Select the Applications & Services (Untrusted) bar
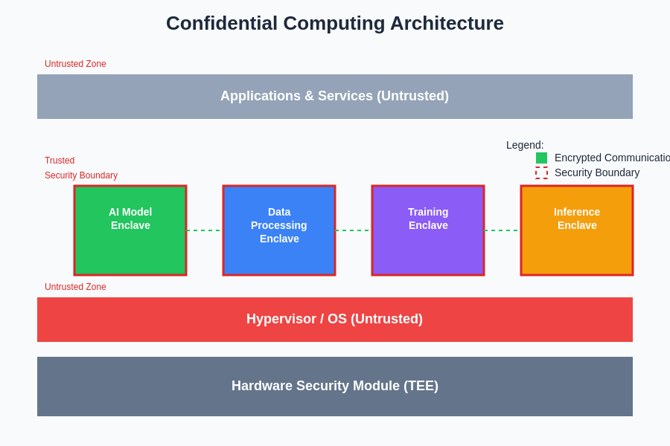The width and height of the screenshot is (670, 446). (335, 97)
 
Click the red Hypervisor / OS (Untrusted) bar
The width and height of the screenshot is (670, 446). (335, 320)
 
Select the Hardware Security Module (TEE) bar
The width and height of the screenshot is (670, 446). (335, 387)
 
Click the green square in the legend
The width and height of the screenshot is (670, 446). (541, 158)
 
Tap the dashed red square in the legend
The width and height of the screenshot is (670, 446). (541, 172)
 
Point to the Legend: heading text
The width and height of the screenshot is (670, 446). (525, 145)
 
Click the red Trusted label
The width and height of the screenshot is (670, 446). (60, 161)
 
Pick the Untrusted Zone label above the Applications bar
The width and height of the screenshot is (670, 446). (75, 64)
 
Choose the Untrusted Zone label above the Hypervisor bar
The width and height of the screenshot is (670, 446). (75, 287)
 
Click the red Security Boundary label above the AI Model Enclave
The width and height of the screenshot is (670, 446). (81, 175)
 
